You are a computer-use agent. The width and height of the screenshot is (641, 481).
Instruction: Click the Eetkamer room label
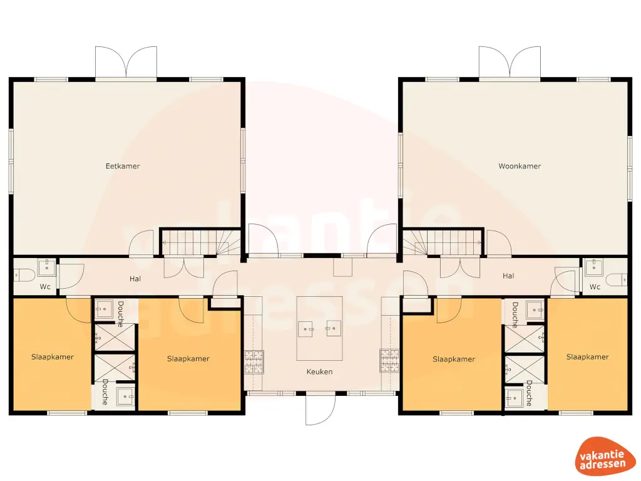[123, 166]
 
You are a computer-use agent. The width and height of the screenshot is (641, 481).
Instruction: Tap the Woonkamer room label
[520, 166]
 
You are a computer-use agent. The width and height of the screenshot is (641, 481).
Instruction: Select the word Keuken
[319, 371]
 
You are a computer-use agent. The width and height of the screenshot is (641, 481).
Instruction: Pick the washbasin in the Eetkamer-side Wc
[47, 268]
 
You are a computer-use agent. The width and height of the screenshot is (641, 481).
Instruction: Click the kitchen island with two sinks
[319, 328]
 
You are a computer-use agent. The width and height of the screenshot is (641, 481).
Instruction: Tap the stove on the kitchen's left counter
[254, 361]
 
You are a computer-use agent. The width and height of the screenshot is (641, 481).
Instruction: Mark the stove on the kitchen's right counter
[388, 359]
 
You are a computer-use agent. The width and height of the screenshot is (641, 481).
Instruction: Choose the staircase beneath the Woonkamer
[442, 242]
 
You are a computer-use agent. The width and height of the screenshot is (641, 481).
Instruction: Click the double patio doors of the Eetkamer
[126, 63]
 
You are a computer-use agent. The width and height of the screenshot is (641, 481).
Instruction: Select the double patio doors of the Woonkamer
[510, 63]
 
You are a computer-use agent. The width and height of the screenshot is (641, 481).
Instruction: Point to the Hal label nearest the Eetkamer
[135, 277]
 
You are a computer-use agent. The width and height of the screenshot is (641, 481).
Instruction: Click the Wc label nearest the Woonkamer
[595, 287]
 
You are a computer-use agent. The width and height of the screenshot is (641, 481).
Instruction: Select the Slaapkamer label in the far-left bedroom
[53, 357]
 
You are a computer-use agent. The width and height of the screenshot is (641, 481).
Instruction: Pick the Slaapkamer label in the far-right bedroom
[587, 357]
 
